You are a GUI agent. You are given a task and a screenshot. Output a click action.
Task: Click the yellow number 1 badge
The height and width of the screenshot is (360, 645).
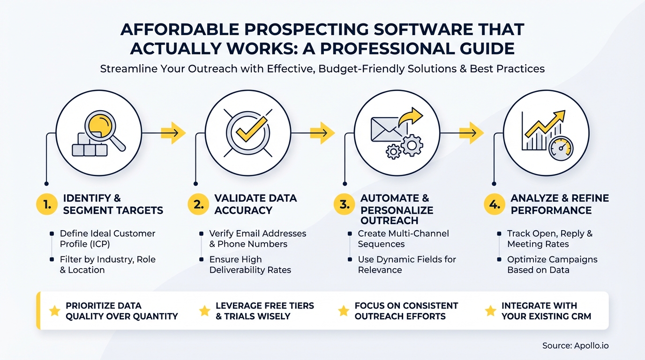46,204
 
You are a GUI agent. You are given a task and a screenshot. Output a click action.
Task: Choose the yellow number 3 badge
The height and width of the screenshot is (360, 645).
344,205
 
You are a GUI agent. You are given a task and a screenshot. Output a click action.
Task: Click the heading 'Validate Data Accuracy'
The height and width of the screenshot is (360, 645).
255,204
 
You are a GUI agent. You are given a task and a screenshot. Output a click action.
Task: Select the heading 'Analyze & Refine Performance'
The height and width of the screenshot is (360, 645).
560,204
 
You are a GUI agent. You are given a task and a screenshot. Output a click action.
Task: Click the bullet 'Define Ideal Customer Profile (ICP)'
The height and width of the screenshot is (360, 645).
107,238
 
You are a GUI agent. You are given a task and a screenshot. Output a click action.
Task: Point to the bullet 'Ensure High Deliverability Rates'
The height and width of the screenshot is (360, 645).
250,264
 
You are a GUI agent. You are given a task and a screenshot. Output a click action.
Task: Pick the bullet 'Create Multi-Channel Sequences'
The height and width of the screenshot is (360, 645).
403,238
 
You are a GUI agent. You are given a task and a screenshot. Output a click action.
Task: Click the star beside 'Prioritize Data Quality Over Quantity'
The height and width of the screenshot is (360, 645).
55,310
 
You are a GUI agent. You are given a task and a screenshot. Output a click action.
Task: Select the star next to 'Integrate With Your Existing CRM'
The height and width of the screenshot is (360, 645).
490,310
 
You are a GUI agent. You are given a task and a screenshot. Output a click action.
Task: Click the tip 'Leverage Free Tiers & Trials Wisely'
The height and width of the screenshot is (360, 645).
264,310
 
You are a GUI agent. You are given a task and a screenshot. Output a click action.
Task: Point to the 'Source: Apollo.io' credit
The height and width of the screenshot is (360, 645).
575,345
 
